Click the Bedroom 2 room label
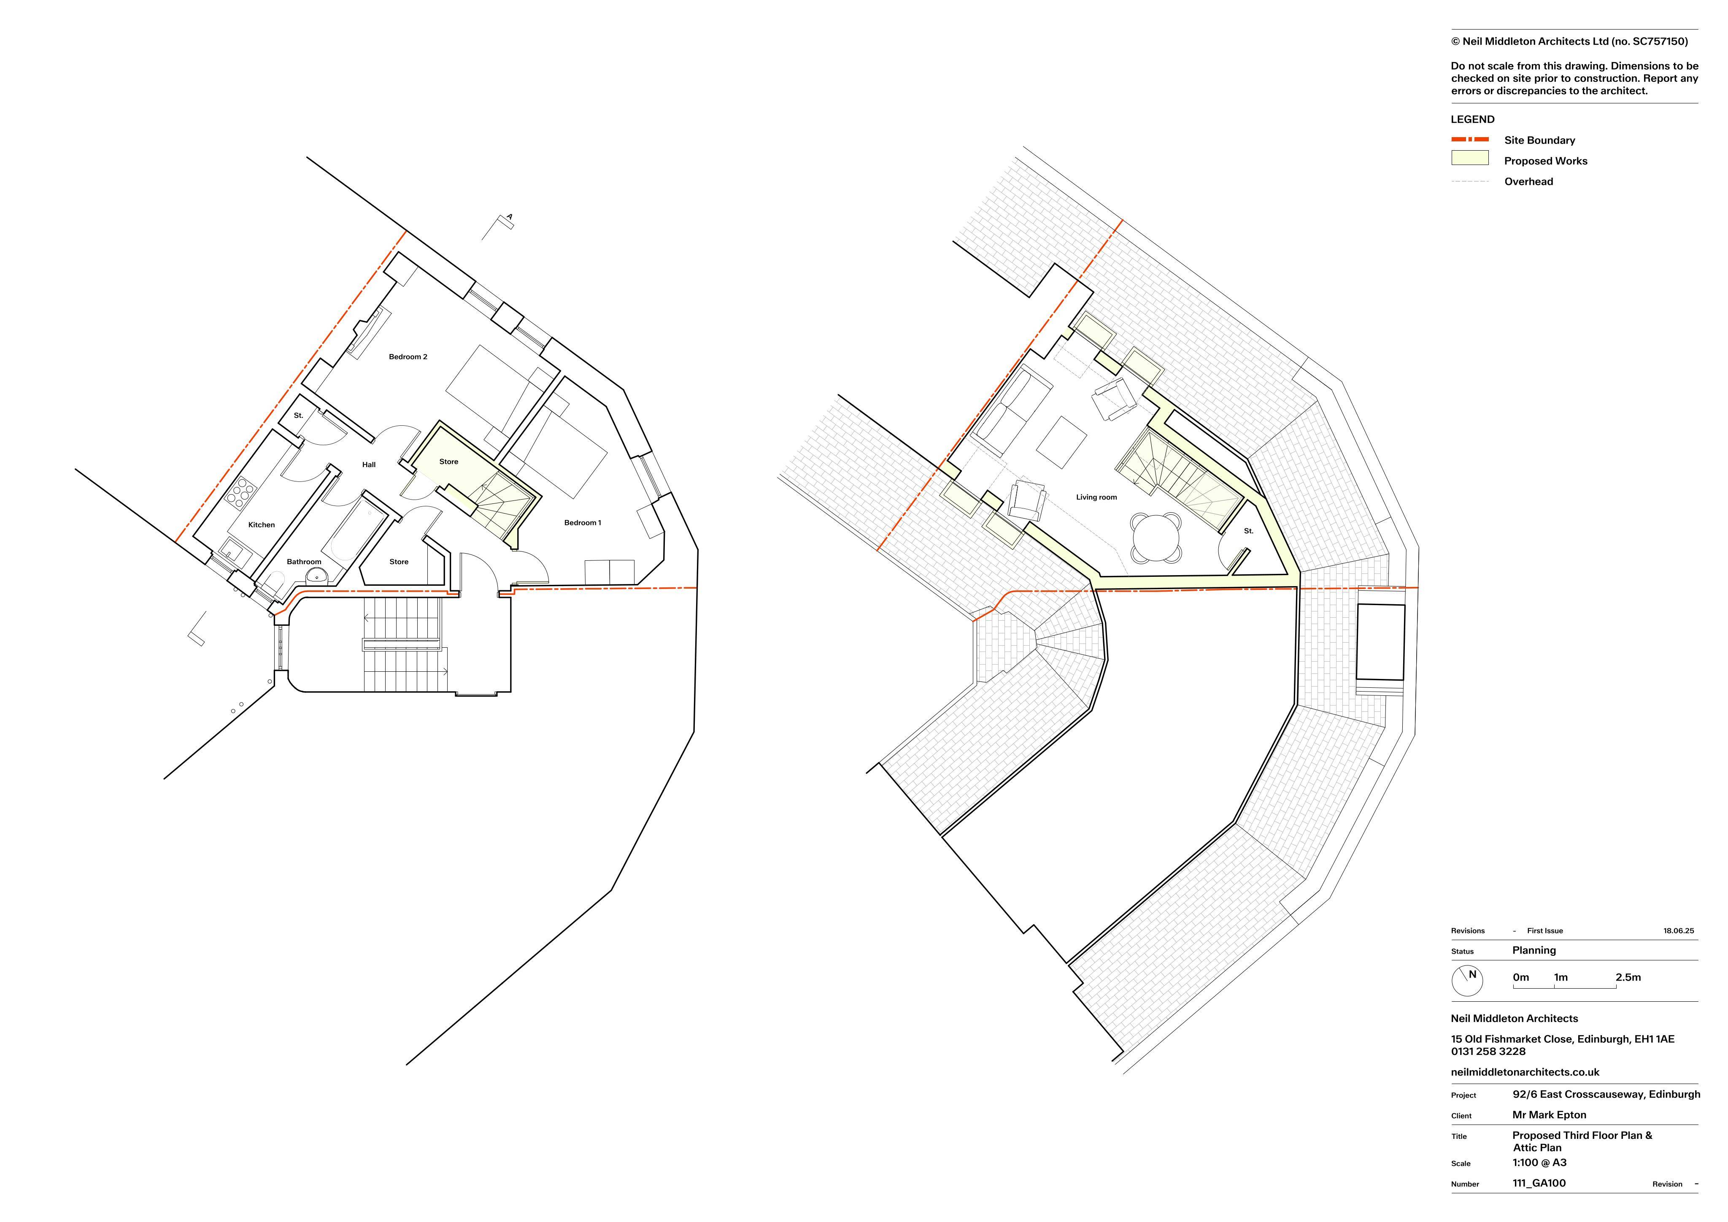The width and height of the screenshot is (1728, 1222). (x=408, y=357)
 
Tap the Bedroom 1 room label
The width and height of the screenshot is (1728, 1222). (x=583, y=522)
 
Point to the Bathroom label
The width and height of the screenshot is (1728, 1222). (x=304, y=562)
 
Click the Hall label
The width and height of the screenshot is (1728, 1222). (x=369, y=465)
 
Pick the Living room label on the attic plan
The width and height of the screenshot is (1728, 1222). (x=1096, y=497)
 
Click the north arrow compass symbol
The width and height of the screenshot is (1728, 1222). (x=1469, y=979)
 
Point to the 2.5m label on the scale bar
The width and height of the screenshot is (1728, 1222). (x=1628, y=977)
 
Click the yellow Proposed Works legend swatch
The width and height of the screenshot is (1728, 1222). (x=1470, y=158)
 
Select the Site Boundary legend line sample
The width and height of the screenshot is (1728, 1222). (x=1470, y=139)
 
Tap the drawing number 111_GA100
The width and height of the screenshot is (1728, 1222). (x=1539, y=1183)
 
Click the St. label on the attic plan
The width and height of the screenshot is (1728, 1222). (x=1249, y=531)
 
